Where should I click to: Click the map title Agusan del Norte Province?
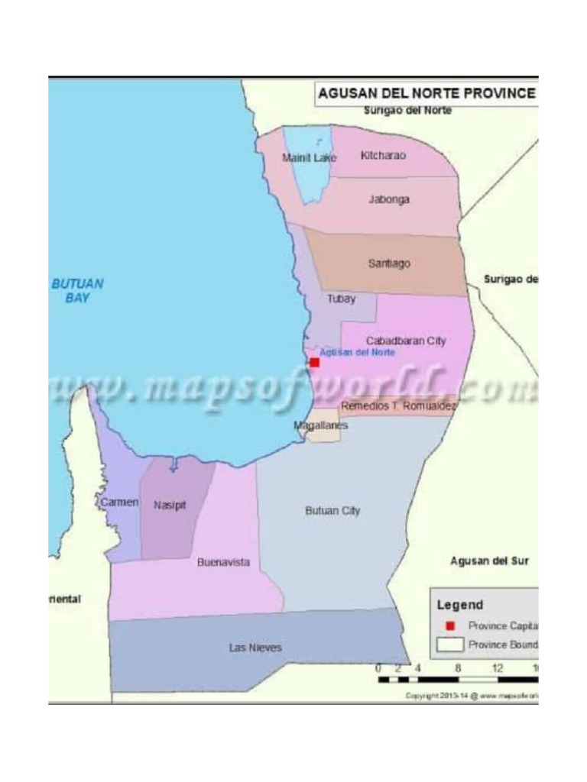pos(426,93)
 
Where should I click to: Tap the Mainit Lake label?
pos(309,158)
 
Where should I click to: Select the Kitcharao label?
pos(383,155)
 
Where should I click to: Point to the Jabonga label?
pos(389,199)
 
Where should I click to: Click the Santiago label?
pos(389,263)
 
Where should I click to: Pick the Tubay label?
pos(342,299)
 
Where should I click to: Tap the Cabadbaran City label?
pos(406,341)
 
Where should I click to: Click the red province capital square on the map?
pos(314,362)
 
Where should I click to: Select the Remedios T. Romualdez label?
pos(398,406)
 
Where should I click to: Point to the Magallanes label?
pos(321,425)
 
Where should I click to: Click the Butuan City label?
pos(332,511)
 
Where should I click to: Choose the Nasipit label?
pos(170,505)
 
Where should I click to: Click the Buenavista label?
pos(223,562)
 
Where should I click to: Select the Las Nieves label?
pos(255,648)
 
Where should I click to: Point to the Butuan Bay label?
pos(77,290)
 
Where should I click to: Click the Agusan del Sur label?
pos(489,561)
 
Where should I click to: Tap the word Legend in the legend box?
pos(460,605)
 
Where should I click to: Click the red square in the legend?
pos(450,625)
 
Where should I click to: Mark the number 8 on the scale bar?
pos(458,667)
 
